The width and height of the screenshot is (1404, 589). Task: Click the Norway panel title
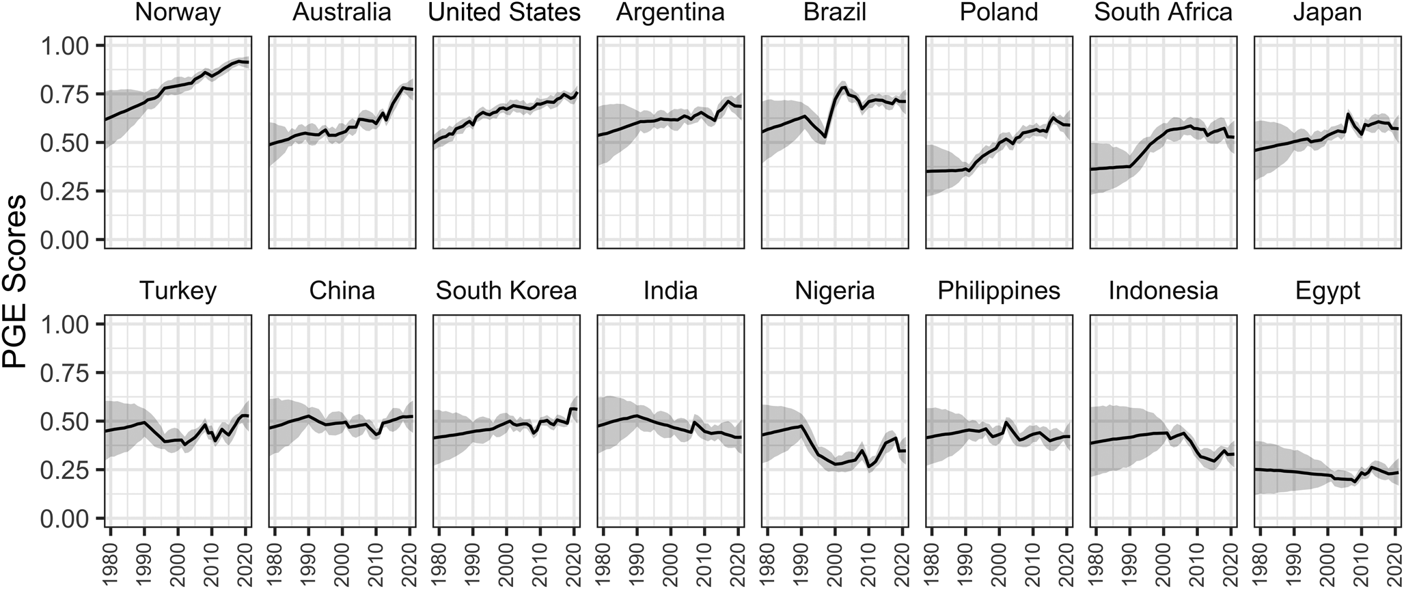pyautogui.click(x=178, y=13)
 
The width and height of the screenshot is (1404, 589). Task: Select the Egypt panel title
pyautogui.click(x=1327, y=291)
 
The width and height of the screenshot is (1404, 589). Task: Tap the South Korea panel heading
pyautogui.click(x=506, y=291)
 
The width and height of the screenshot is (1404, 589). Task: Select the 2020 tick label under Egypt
pyautogui.click(x=1394, y=562)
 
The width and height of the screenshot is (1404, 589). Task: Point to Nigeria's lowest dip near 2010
pyautogui.click(x=868, y=467)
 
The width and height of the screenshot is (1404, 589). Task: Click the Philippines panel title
pyautogui.click(x=999, y=291)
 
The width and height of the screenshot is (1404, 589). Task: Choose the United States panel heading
pyautogui.click(x=506, y=13)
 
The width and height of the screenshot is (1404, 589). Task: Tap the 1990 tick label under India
pyautogui.click(x=637, y=562)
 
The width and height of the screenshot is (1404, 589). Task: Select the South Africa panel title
pyautogui.click(x=1163, y=13)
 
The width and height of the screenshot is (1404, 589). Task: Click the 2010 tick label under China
pyautogui.click(x=376, y=562)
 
